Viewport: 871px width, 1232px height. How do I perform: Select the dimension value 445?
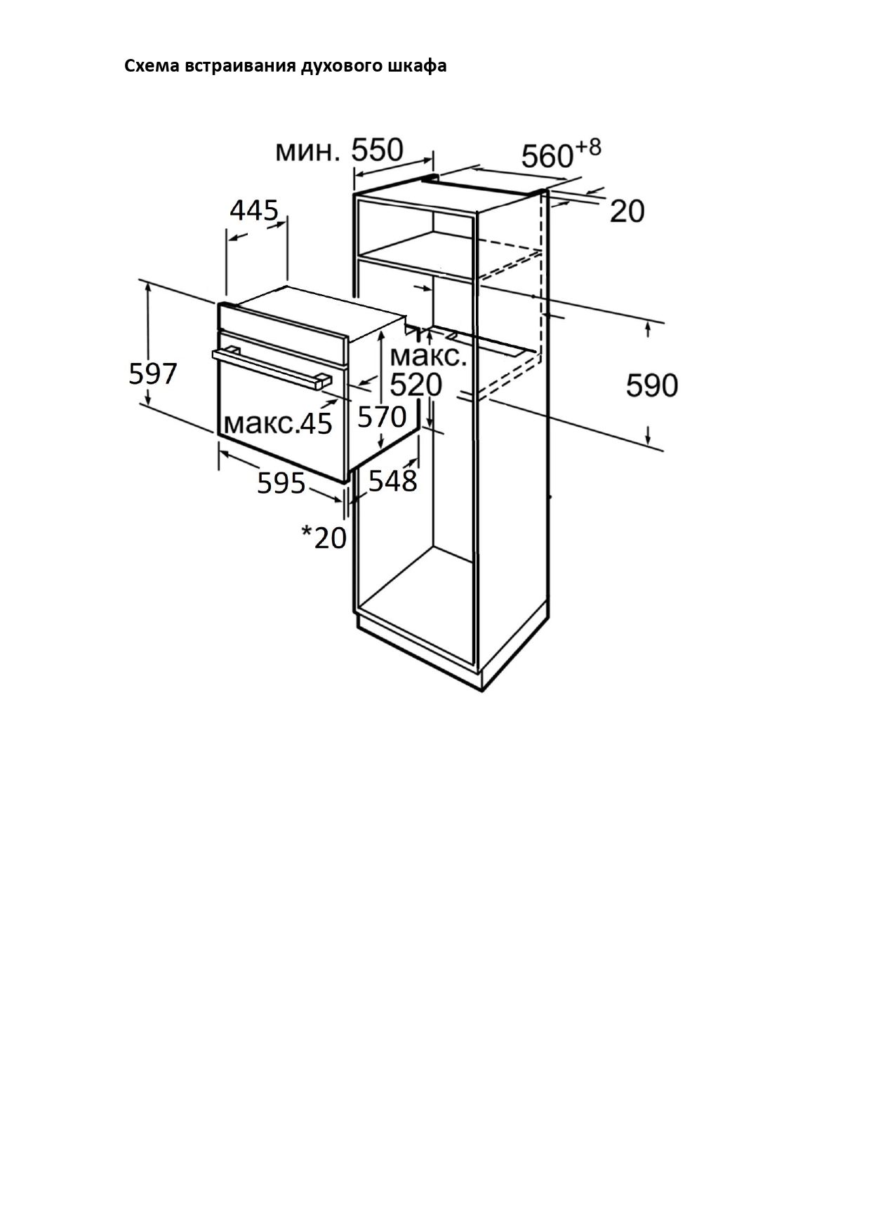254,210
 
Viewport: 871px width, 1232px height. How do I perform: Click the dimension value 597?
152,373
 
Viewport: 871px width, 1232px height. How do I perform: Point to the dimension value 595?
281,483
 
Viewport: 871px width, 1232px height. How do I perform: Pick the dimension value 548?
392,481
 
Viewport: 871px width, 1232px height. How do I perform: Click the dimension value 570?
382,417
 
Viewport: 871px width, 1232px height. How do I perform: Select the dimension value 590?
651,385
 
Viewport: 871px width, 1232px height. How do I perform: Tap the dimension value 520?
415,385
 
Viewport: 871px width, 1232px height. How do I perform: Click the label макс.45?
278,423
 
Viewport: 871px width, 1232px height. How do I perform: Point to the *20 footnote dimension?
324,538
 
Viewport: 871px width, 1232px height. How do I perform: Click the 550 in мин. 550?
377,150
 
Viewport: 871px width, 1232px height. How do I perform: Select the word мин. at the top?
307,151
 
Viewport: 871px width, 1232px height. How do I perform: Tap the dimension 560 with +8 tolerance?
547,156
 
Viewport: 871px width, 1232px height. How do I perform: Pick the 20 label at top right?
627,211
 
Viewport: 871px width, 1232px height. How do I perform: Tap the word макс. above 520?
428,356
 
